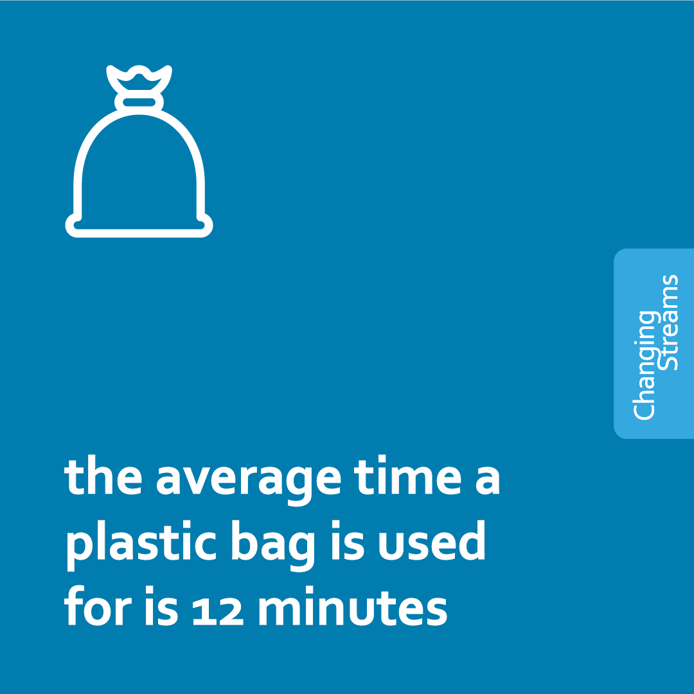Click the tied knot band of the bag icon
pyautogui.click(x=139, y=102)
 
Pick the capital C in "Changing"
pyautogui.click(x=645, y=409)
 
